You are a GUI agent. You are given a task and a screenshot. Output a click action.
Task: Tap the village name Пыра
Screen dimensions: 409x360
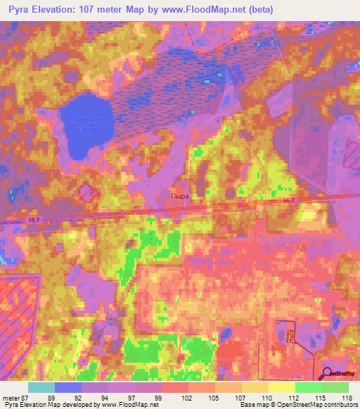pos(179,197)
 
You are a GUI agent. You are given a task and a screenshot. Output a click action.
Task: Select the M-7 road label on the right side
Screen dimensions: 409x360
pos(286,202)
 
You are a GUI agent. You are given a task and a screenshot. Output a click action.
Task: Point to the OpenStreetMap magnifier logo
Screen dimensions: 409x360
pos(328,372)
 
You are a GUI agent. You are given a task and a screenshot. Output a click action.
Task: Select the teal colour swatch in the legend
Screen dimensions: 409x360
pos(41,387)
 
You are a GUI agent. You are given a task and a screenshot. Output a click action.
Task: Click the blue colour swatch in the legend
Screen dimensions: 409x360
pos(68,387)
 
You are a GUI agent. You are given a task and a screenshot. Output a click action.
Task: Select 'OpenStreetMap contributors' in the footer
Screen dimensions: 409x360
pos(317,405)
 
